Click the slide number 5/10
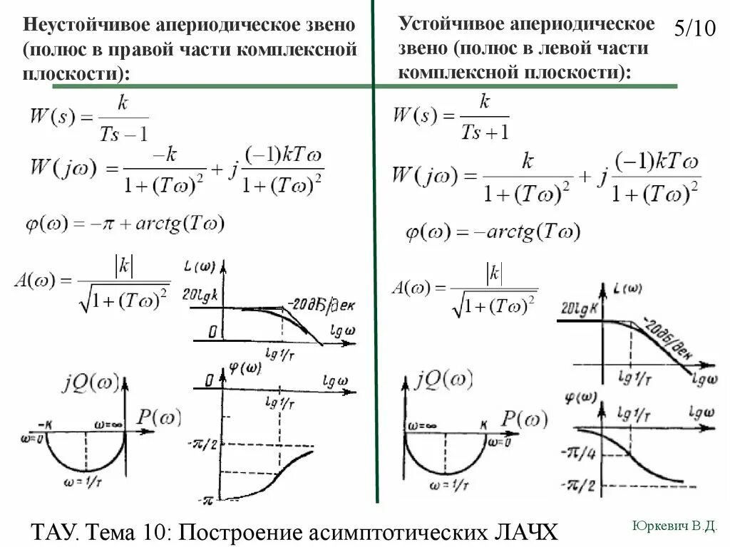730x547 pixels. coord(694,29)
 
